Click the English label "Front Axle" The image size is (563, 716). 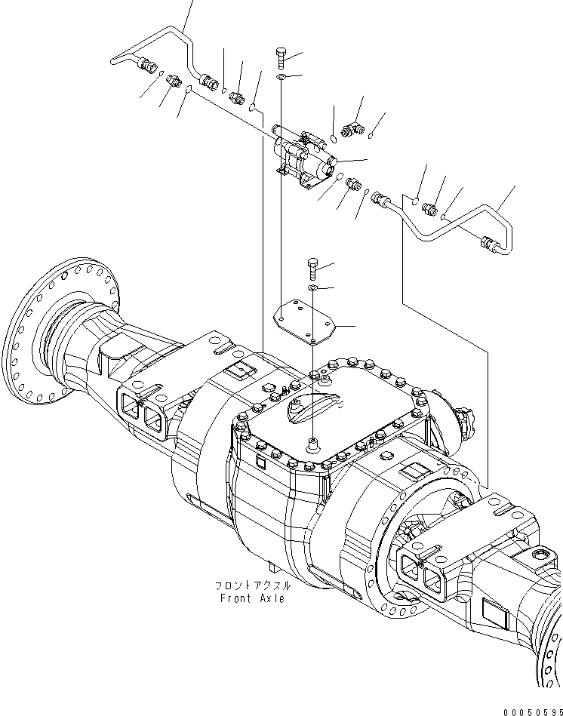[x=253, y=598]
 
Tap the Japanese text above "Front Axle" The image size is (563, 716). [x=252, y=585]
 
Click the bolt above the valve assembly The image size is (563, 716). [x=280, y=57]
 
